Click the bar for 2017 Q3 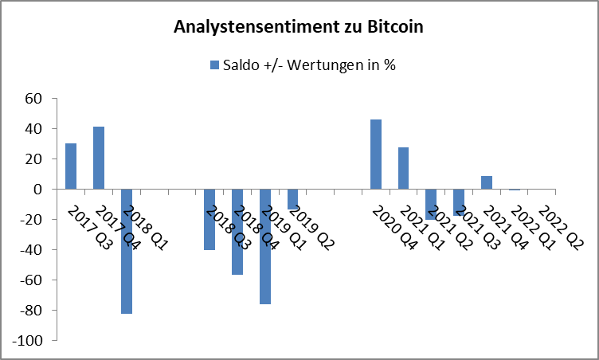coord(71,166)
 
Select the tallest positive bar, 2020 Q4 coord(376,155)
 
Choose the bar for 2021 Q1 coord(404,168)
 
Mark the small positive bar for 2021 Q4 coord(487,182)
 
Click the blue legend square coord(213,65)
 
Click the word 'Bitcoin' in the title coord(390,26)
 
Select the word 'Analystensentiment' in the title coord(254,26)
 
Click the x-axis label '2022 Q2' coord(561,229)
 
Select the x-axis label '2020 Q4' coord(395,229)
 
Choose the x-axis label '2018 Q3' coord(229,229)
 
